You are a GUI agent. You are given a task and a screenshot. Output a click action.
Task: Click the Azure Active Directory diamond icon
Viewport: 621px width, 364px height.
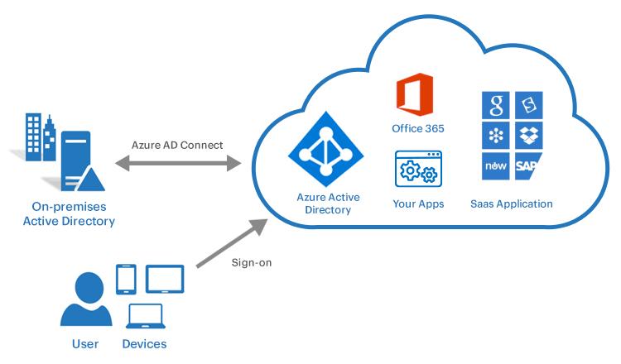pos(326,149)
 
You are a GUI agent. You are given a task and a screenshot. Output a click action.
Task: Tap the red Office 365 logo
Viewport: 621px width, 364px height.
pos(415,94)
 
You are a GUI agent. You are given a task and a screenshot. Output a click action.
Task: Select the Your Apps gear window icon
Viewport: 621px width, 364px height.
pos(418,169)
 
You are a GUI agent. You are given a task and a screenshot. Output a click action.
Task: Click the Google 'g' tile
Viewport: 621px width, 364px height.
pos(495,105)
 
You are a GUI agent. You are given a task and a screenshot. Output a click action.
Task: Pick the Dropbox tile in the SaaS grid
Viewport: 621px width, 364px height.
pos(529,136)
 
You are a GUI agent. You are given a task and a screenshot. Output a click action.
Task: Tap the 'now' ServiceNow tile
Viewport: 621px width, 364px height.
pos(495,165)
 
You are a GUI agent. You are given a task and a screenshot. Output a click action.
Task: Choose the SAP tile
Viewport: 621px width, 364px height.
pos(528,165)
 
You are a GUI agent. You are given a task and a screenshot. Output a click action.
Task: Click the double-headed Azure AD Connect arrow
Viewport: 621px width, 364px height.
pos(178,163)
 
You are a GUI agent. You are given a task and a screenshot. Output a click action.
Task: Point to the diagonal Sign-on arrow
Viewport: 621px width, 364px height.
pos(232,243)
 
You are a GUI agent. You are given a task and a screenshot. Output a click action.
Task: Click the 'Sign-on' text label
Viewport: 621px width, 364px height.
pos(252,263)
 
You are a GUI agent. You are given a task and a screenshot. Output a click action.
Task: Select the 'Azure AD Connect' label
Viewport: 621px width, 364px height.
pos(177,145)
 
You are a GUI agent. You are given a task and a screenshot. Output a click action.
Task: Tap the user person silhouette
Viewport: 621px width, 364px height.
pos(86,299)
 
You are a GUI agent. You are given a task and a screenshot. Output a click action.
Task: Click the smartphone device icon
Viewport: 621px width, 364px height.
pos(126,279)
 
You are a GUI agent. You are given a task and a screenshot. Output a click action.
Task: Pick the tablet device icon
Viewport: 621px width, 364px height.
pos(165,279)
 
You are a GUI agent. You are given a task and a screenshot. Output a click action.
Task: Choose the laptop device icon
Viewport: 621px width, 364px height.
pos(146,316)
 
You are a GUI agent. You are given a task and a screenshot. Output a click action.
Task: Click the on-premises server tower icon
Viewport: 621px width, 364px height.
pos(79,161)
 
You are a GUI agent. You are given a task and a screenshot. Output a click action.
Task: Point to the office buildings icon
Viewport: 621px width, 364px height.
pos(41,137)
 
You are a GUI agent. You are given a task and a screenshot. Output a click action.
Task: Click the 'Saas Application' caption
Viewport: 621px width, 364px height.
pos(512,204)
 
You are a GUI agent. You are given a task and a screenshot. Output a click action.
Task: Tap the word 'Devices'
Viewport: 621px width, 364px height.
pos(144,344)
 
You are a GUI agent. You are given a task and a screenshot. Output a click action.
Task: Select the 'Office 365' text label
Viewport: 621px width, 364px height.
pos(418,128)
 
